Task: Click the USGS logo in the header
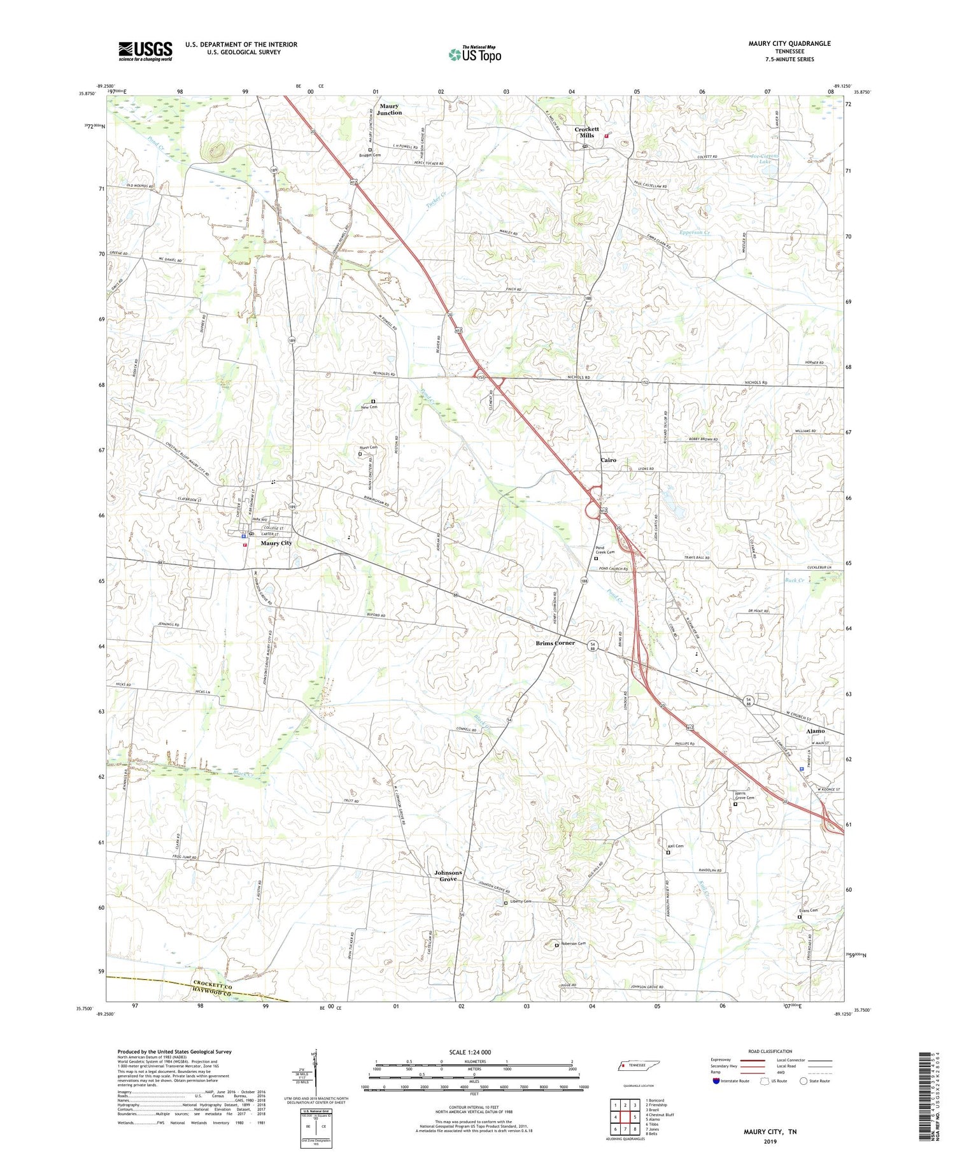145,51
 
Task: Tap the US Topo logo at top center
474,55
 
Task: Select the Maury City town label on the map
276,543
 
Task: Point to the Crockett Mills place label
586,132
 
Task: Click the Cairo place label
608,459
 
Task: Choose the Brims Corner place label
555,643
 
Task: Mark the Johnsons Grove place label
448,875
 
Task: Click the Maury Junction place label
389,109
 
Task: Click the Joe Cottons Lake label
765,159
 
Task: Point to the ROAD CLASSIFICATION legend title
770,1051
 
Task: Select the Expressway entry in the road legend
723,1060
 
